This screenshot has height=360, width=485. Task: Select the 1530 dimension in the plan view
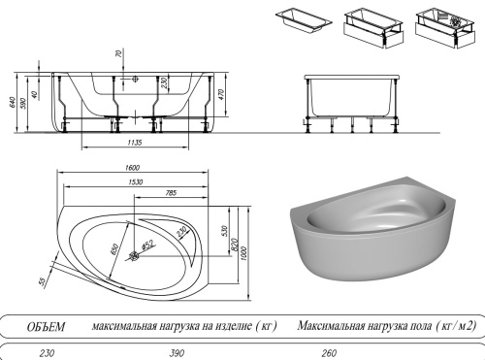pos(133,181)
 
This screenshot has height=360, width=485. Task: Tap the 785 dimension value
pos(170,193)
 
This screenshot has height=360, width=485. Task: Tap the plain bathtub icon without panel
pos(302,19)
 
